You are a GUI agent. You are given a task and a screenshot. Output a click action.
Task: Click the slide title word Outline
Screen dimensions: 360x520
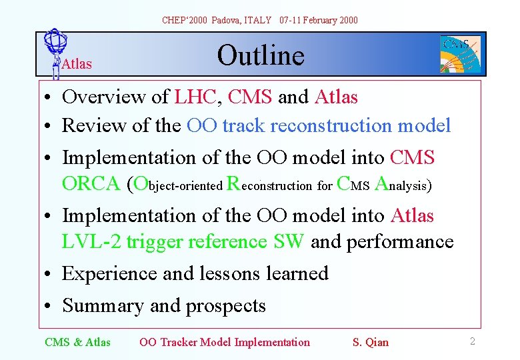click(261, 55)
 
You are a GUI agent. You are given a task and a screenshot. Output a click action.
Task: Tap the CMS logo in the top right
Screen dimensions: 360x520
click(460, 54)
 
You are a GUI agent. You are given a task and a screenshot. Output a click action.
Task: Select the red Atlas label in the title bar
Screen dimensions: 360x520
click(76, 64)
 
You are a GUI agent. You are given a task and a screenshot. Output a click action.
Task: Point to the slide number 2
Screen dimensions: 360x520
click(472, 341)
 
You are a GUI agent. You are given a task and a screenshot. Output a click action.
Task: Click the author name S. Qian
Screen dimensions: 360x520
click(370, 342)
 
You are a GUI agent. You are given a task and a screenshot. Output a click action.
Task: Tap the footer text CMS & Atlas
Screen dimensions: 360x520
click(77, 342)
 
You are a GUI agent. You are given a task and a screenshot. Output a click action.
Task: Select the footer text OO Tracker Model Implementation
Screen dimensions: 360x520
click(225, 342)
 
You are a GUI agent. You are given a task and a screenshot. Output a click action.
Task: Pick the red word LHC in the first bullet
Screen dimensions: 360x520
click(195, 97)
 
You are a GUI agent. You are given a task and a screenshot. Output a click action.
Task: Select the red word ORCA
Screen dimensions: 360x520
click(91, 183)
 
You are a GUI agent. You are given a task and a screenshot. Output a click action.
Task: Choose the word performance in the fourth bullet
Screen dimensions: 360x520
click(398, 241)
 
